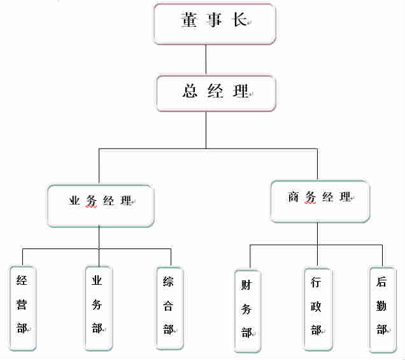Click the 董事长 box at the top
(x=215, y=24)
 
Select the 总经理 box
(x=216, y=93)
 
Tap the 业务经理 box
(x=101, y=205)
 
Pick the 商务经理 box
(x=320, y=201)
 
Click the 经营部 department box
(x=23, y=306)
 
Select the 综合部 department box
(x=169, y=306)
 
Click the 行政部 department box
(x=316, y=308)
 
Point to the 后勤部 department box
(x=382, y=309)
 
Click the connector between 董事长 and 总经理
(x=206, y=60)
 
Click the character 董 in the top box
(x=188, y=21)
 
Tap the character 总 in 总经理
(x=190, y=91)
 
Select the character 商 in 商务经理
(x=294, y=197)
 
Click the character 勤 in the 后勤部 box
(x=381, y=306)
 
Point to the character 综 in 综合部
(x=169, y=282)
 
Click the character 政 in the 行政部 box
(x=316, y=306)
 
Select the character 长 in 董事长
(x=239, y=21)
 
